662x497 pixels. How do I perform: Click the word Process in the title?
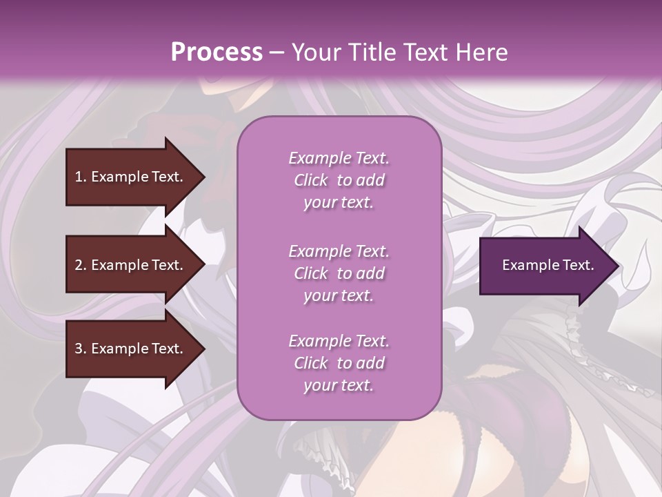click(x=217, y=52)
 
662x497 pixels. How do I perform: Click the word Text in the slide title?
click(x=426, y=52)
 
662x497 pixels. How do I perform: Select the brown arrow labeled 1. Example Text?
click(x=131, y=177)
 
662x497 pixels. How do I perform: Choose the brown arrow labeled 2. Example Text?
click(x=131, y=265)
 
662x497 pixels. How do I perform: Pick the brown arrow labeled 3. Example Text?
click(x=131, y=349)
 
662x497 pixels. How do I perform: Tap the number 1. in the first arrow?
click(x=80, y=177)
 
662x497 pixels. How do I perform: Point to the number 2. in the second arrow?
click(x=80, y=265)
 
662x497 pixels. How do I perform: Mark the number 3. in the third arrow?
click(x=80, y=349)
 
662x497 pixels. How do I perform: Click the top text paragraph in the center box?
click(x=339, y=180)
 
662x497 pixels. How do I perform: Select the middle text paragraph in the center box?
click(x=339, y=273)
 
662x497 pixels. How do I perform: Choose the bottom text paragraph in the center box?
click(x=339, y=363)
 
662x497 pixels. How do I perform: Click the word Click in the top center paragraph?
click(x=311, y=180)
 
